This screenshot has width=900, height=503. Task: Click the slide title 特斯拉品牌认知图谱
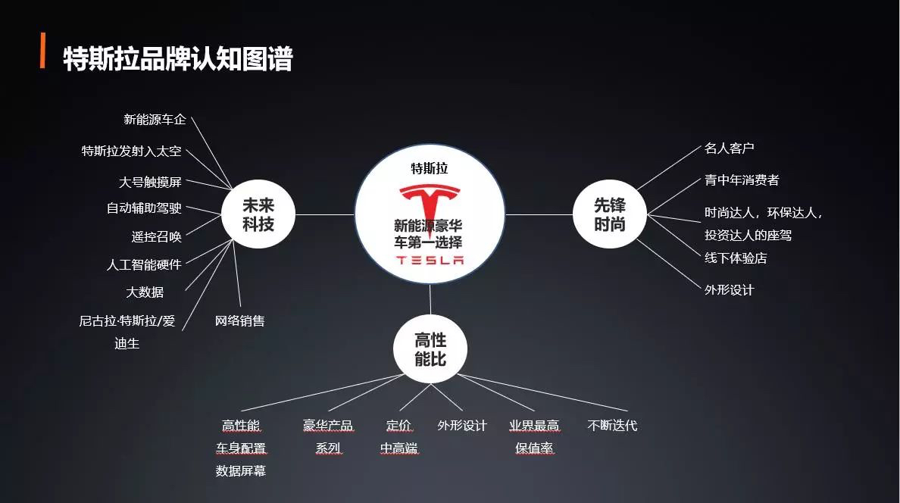(178, 58)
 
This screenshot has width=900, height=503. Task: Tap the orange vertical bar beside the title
(42, 51)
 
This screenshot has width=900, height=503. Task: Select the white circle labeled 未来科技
(258, 214)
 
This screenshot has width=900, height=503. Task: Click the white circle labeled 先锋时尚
(610, 214)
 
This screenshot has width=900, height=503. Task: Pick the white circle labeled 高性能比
(430, 349)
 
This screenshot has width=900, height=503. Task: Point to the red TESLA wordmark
(430, 260)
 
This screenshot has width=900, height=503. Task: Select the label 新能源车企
(155, 120)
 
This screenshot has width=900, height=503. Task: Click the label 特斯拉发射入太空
(132, 151)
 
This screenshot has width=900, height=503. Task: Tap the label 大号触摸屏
(151, 182)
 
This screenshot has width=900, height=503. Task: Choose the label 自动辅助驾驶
(144, 208)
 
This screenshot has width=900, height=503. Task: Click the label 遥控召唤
(157, 236)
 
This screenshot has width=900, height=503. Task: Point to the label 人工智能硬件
(144, 264)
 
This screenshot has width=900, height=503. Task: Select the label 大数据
(145, 292)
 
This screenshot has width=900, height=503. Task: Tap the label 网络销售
(240, 321)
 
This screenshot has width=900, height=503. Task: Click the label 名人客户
(730, 148)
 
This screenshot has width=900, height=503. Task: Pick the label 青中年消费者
(742, 180)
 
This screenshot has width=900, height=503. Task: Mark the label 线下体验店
(736, 258)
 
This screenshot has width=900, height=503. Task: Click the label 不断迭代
(612, 426)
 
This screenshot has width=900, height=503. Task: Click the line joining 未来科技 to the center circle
(325, 214)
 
